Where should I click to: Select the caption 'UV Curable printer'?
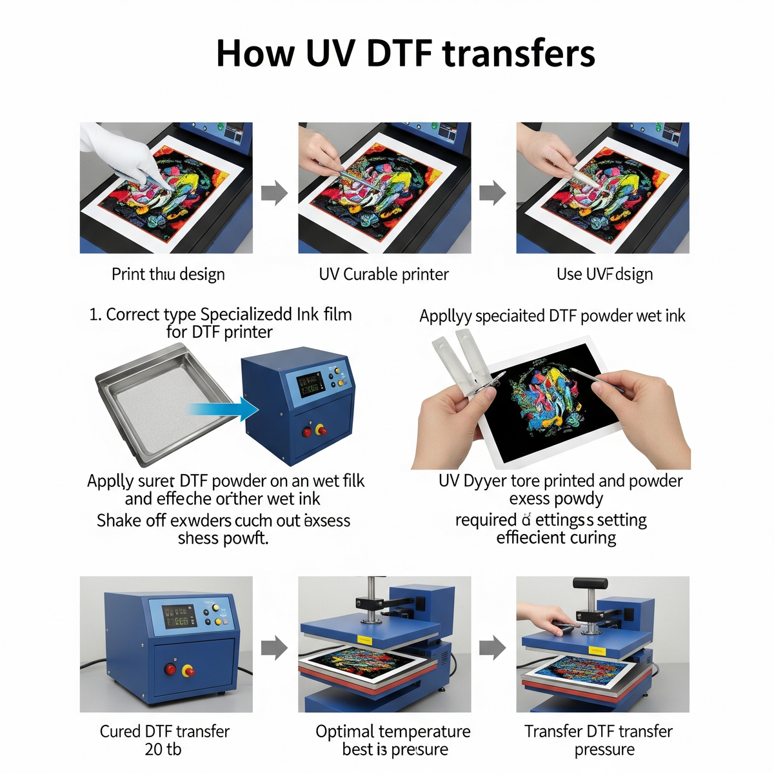click(x=384, y=274)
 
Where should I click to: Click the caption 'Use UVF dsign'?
click(x=604, y=274)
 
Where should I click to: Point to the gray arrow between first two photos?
click(x=274, y=192)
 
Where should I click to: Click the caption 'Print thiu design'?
click(x=168, y=274)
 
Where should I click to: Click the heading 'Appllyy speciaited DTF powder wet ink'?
click(x=552, y=316)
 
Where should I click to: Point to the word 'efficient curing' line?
click(x=556, y=538)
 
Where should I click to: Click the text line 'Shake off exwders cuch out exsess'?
click(x=223, y=521)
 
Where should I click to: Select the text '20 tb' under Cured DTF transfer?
click(x=163, y=749)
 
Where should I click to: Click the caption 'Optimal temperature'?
click(x=393, y=731)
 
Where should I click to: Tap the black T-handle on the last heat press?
click(x=590, y=584)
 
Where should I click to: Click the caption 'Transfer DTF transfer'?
click(x=598, y=731)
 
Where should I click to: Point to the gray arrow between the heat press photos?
click(x=493, y=648)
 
